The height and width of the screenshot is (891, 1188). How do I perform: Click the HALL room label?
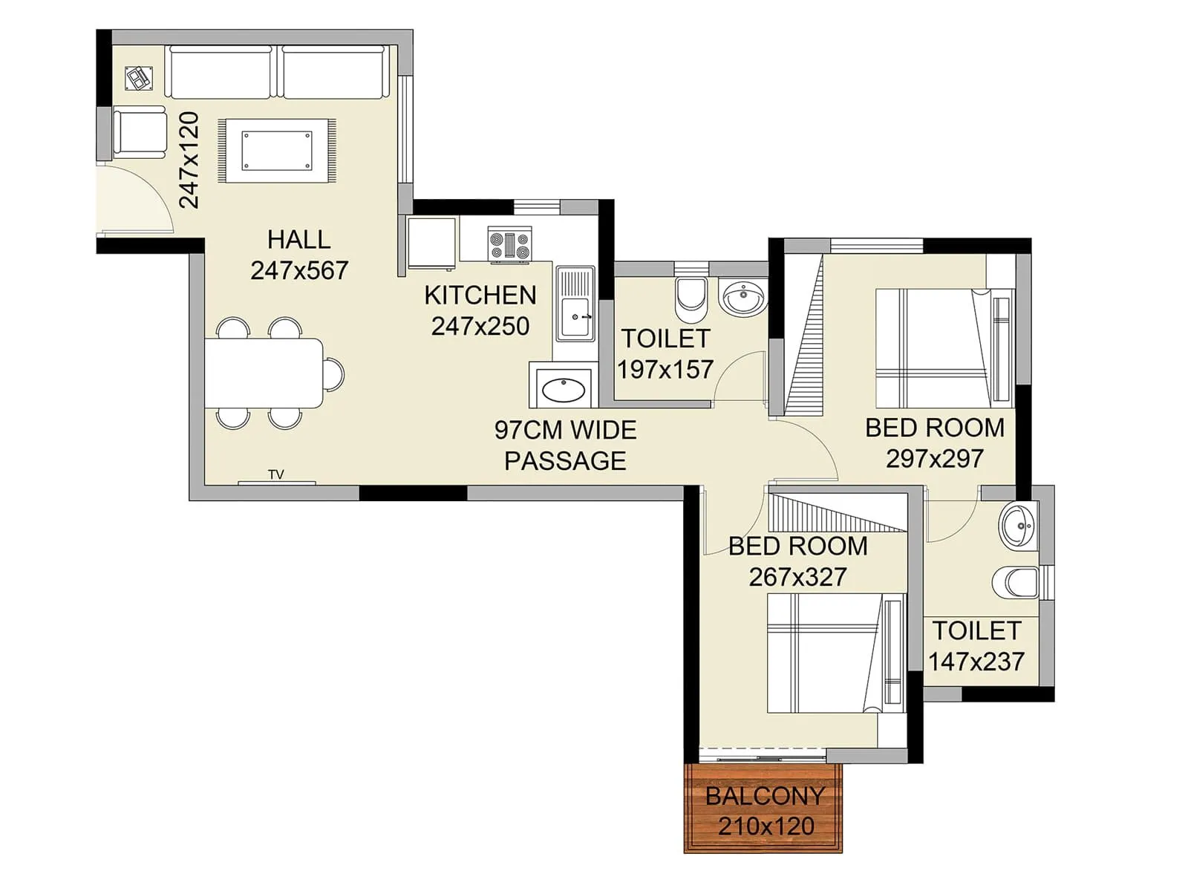(298, 240)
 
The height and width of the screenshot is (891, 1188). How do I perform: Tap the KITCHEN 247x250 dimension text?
(480, 326)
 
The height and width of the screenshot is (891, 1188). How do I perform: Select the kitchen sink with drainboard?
(575, 304)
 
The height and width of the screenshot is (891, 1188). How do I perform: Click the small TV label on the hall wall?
(276, 474)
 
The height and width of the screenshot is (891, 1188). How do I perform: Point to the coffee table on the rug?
(277, 151)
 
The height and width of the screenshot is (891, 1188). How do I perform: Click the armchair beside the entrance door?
(140, 132)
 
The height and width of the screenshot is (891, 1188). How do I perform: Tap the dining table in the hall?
(264, 373)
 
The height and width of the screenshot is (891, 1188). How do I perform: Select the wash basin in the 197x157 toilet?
(742, 298)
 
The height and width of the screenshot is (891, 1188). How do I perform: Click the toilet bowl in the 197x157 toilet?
(691, 296)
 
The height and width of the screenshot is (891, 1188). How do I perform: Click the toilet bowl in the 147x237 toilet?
(1017, 582)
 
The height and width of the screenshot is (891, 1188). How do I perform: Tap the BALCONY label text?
(765, 796)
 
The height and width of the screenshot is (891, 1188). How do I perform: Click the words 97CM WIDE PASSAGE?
(565, 446)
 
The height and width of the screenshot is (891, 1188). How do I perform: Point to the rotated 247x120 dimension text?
(189, 160)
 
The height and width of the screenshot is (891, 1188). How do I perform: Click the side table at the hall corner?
(138, 77)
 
